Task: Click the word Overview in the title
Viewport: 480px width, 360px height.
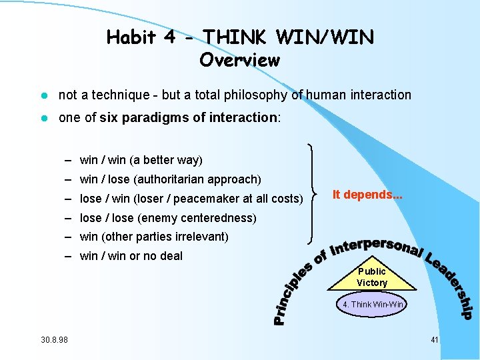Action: [x=239, y=60]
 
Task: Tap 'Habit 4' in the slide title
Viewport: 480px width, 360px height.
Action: [x=141, y=37]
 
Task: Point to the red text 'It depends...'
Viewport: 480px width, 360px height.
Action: [x=367, y=194]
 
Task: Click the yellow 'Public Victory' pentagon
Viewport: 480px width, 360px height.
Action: [x=371, y=277]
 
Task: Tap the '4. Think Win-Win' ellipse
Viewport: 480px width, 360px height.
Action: [x=373, y=304]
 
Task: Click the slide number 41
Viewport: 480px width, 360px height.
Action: [x=434, y=340]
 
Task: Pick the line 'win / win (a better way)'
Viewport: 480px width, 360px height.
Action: [x=141, y=160]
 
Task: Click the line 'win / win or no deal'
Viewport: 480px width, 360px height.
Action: [x=131, y=256]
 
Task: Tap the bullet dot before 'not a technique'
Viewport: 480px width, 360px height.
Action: [x=42, y=95]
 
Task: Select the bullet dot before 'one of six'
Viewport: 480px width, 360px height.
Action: [x=42, y=118]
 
